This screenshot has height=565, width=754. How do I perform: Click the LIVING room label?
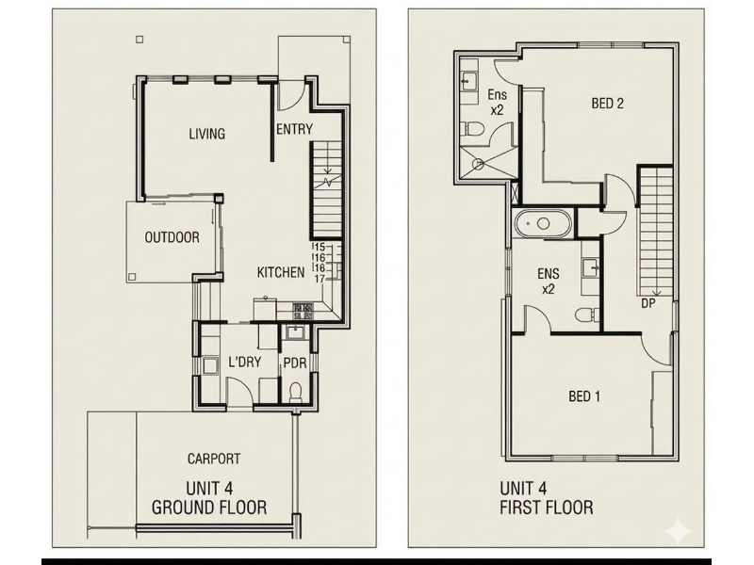[206, 133]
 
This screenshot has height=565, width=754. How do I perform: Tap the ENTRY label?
[294, 129]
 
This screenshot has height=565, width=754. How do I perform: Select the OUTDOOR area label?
[172, 237]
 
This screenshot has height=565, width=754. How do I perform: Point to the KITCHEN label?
[281, 272]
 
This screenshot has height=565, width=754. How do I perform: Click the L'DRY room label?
[245, 362]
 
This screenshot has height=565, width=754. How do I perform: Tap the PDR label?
[295, 363]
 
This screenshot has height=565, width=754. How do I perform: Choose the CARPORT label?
[214, 459]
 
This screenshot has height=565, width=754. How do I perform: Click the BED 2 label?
[607, 103]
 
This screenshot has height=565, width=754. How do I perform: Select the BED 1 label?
[584, 395]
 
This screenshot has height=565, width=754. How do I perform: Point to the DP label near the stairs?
[648, 303]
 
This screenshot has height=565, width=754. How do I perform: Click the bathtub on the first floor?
[544, 223]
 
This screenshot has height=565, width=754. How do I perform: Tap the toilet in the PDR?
[295, 392]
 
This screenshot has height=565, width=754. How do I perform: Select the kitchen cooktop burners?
[303, 311]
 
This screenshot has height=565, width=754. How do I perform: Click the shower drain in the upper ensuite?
[478, 164]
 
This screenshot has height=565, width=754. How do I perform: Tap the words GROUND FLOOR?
[209, 508]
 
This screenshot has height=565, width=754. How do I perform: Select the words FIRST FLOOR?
[547, 508]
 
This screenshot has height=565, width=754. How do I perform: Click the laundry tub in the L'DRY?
[210, 365]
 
